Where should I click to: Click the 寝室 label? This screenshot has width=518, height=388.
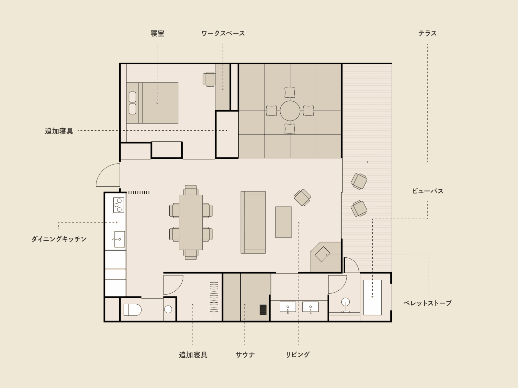click(x=157, y=33)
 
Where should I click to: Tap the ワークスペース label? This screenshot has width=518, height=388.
click(x=223, y=33)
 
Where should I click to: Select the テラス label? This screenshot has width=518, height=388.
click(x=427, y=33)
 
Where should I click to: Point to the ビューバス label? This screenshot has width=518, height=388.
click(x=428, y=191)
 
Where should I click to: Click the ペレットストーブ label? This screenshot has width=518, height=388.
click(x=427, y=303)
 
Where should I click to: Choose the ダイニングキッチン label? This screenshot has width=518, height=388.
click(x=59, y=239)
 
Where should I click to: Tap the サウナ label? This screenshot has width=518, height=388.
click(x=245, y=355)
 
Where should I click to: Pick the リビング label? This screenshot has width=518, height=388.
click(x=298, y=355)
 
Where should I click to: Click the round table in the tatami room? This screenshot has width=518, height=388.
click(x=290, y=111)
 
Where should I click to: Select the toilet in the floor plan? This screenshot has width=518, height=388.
click(x=132, y=309)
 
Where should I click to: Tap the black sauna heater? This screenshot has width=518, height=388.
click(x=263, y=310)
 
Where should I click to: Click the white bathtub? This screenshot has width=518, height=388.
click(x=372, y=297)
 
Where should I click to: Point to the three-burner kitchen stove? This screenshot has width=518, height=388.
click(x=118, y=205)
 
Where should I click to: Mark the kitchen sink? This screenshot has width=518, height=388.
click(x=119, y=239)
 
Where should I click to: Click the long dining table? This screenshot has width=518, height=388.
click(x=191, y=222)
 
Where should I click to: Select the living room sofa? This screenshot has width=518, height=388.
click(x=253, y=222)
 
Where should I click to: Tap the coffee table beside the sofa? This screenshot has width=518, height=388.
click(x=283, y=222)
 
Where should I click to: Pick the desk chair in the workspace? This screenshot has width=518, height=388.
click(x=209, y=79)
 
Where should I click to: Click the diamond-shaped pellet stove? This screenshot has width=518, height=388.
click(x=322, y=254)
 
